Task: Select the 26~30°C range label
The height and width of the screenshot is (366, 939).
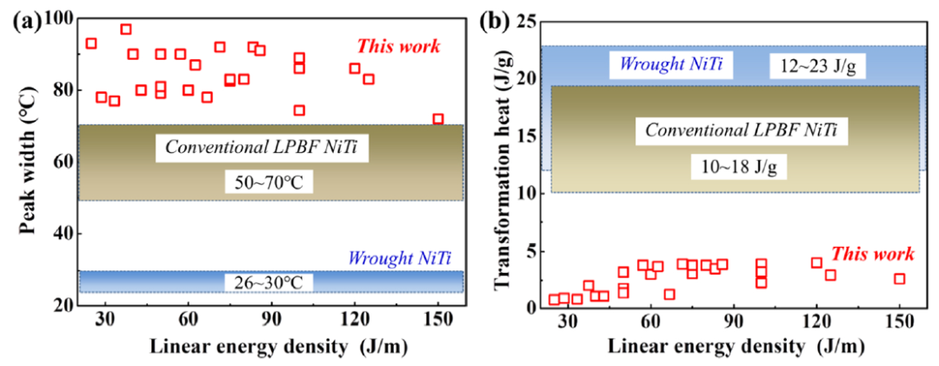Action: [x=263, y=282]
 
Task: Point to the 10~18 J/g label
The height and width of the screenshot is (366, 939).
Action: [x=739, y=165]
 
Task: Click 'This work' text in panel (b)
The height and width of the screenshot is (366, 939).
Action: [x=873, y=254]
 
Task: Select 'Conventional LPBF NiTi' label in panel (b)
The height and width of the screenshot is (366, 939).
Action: [x=739, y=131]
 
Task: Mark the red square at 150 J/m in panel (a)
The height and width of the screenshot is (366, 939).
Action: [x=438, y=119]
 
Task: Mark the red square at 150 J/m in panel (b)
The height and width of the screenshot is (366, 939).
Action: [x=900, y=279]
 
